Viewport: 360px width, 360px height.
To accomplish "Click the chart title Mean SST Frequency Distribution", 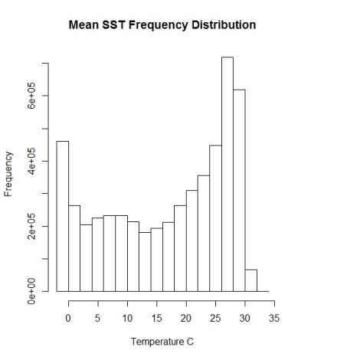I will (162, 25).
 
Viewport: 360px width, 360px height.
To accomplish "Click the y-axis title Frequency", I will (9, 175).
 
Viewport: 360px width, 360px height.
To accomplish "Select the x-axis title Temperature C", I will (162, 342).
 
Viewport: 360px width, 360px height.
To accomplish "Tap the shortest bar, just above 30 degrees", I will (251, 280).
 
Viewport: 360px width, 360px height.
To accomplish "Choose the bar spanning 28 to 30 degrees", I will (239, 191).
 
